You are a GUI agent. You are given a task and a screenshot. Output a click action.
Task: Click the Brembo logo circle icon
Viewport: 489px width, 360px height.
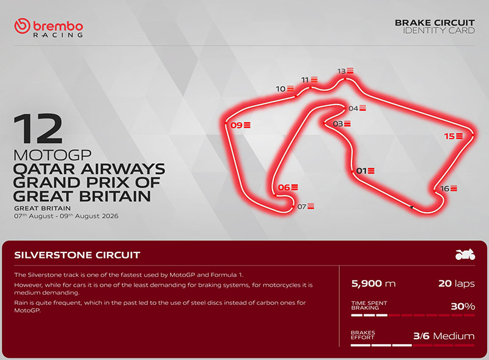tap(22, 26)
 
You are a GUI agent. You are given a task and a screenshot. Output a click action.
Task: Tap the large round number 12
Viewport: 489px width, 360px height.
tap(38, 129)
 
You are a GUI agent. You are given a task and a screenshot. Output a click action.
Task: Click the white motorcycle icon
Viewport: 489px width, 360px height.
tap(465, 254)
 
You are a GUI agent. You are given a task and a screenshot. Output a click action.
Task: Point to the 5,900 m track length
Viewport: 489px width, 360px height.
tap(373, 283)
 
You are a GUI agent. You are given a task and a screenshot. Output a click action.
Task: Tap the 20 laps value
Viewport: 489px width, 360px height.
tap(456, 283)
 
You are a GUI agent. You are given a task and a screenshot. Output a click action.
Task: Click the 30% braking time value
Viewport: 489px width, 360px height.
tap(463, 306)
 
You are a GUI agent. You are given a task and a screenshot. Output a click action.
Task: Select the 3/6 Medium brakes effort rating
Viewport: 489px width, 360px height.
tap(444, 336)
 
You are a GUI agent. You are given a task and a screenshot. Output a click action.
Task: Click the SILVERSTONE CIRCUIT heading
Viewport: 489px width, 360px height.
tap(77, 255)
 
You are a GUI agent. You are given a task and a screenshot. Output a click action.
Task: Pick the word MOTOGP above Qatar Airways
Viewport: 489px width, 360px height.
tap(53, 155)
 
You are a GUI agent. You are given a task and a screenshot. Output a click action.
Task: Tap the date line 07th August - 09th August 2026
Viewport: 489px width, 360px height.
tap(66, 216)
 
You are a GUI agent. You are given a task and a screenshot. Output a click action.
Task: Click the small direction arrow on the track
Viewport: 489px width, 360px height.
tap(411, 207)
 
